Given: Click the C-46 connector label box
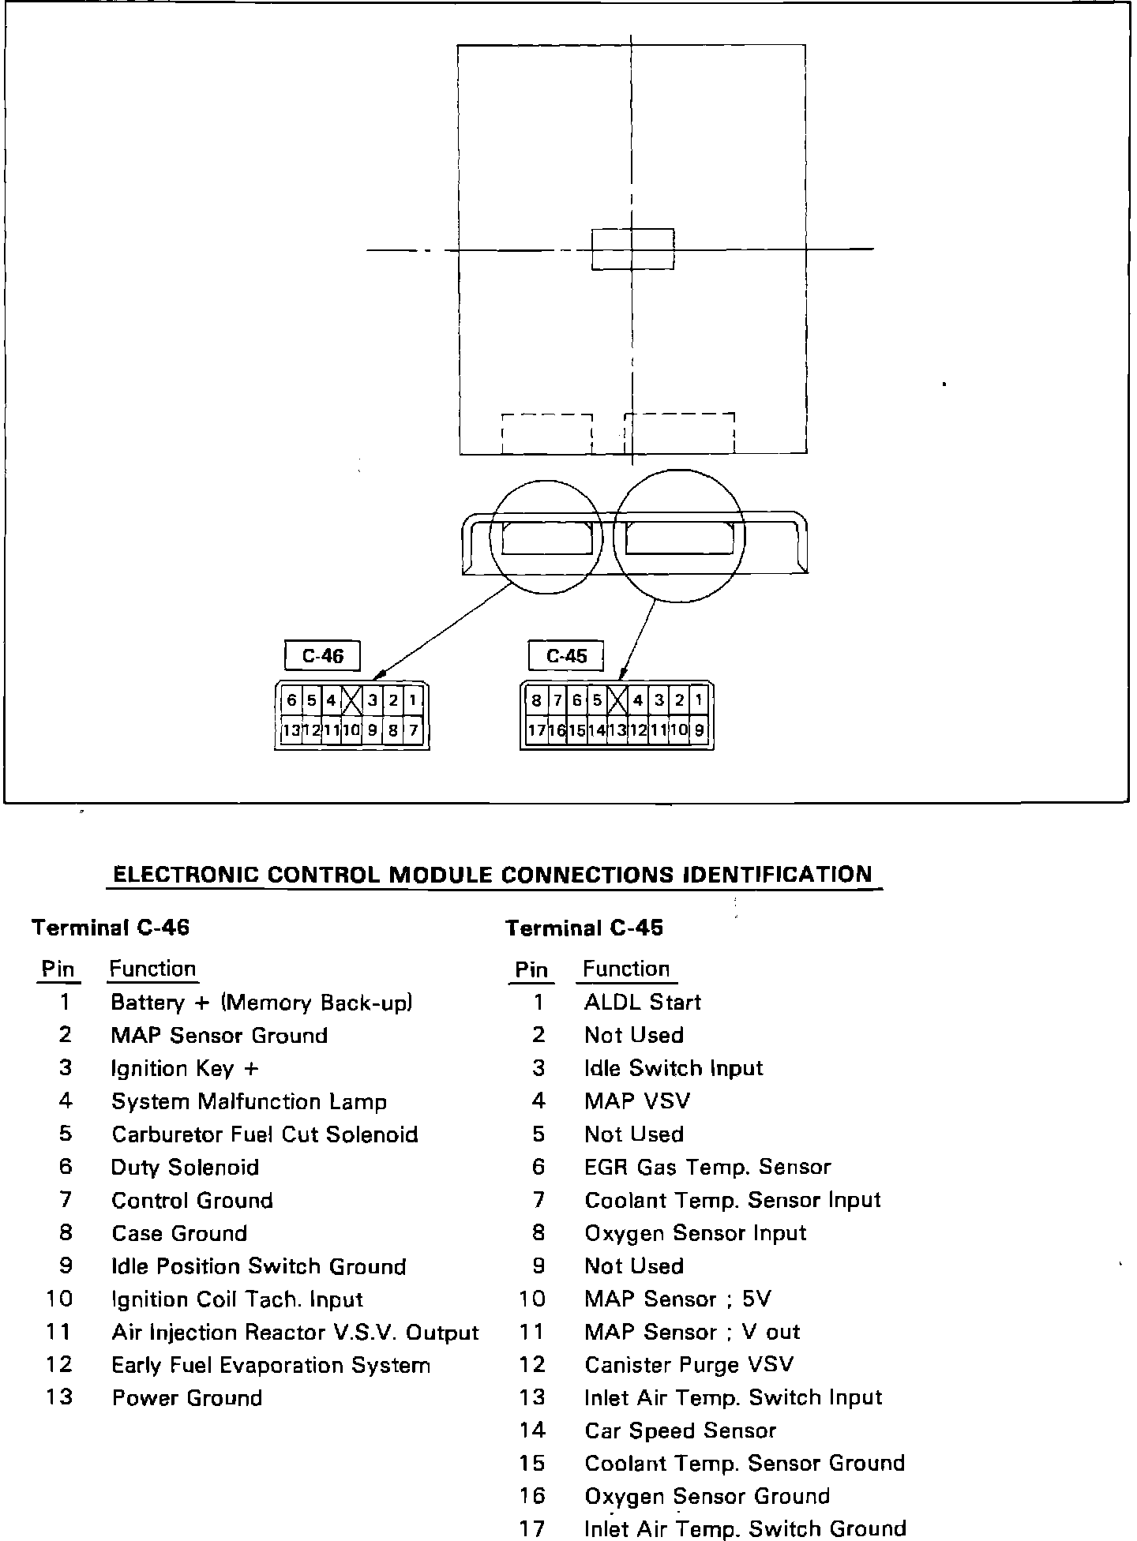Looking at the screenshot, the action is tap(322, 655).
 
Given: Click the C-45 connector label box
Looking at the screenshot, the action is tap(566, 655).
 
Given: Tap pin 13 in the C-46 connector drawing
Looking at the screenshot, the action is tap(291, 730).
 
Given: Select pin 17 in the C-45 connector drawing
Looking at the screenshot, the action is tap(537, 730).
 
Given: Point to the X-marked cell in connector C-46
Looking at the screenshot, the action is tap(351, 700).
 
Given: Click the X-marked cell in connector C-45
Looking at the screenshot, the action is tap(617, 700).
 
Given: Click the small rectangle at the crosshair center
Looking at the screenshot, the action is tap(632, 249).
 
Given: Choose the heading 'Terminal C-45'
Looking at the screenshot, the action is tap(584, 928).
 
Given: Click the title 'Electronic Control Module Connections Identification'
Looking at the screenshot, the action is tap(493, 875).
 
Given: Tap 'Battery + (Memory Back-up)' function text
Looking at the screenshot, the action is tap(262, 1003).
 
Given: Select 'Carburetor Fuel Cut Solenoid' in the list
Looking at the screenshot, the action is tap(265, 1134).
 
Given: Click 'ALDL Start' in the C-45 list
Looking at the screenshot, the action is tap(643, 1002).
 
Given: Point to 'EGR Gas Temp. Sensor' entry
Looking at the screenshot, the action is tap(707, 1167).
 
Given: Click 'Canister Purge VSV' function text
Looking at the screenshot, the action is tap(689, 1364).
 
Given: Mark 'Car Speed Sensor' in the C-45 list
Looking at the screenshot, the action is tap(681, 1430).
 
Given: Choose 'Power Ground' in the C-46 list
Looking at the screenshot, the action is tap(187, 1397).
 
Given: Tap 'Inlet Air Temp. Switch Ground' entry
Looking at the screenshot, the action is tap(745, 1528).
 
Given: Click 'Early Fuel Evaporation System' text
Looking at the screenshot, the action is tap(271, 1365).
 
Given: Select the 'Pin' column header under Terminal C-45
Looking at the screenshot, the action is tap(531, 969).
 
